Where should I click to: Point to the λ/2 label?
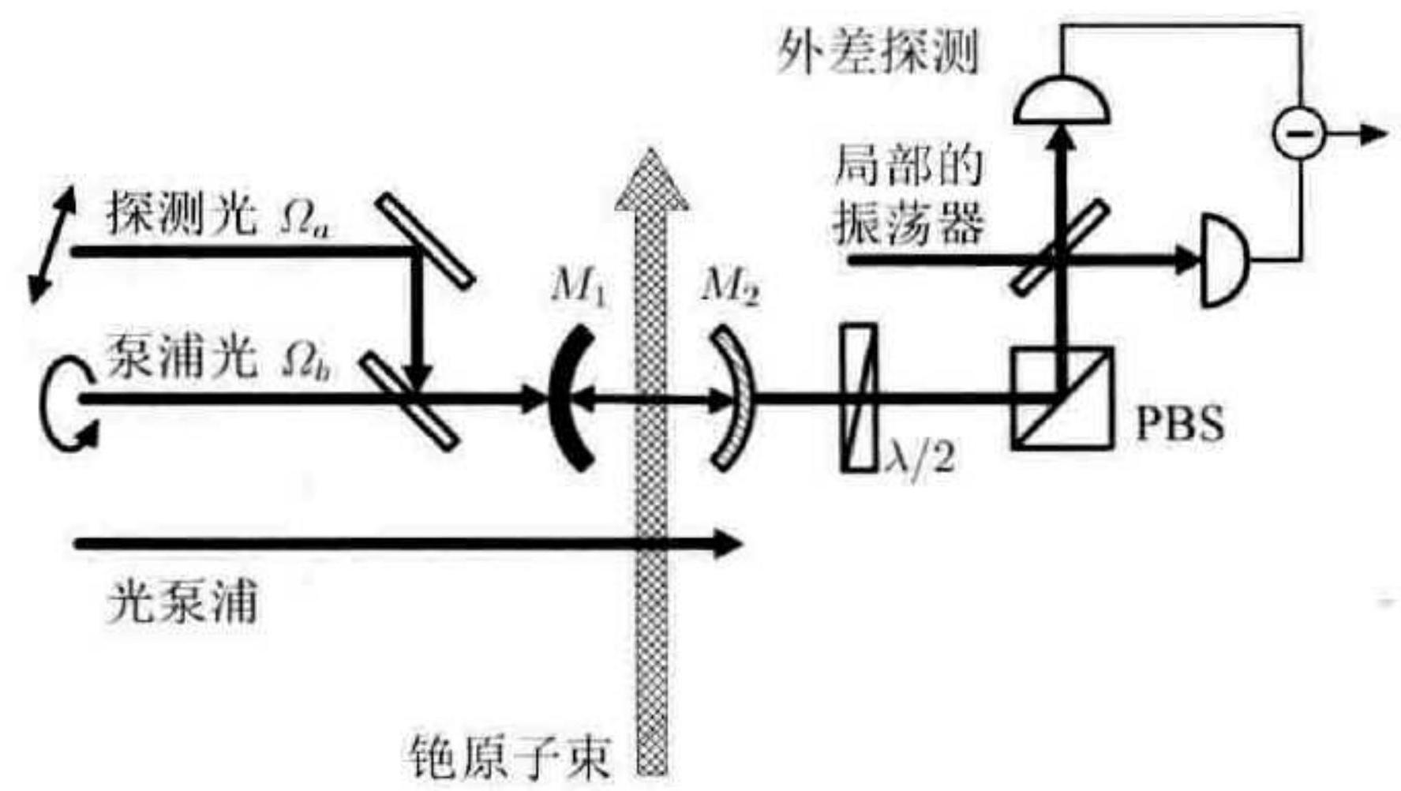pos(920,456)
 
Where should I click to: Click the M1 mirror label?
pos(579,288)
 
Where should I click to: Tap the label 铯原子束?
pos(510,759)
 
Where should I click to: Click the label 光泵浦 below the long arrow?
pos(182,604)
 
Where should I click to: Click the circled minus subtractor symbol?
pos(1299,133)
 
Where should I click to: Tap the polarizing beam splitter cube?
pos(1062,399)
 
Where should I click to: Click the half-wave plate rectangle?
pos(858,399)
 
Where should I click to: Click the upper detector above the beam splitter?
pos(1062,102)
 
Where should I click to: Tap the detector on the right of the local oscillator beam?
pos(1224,259)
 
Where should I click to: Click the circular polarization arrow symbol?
pos(67,403)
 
